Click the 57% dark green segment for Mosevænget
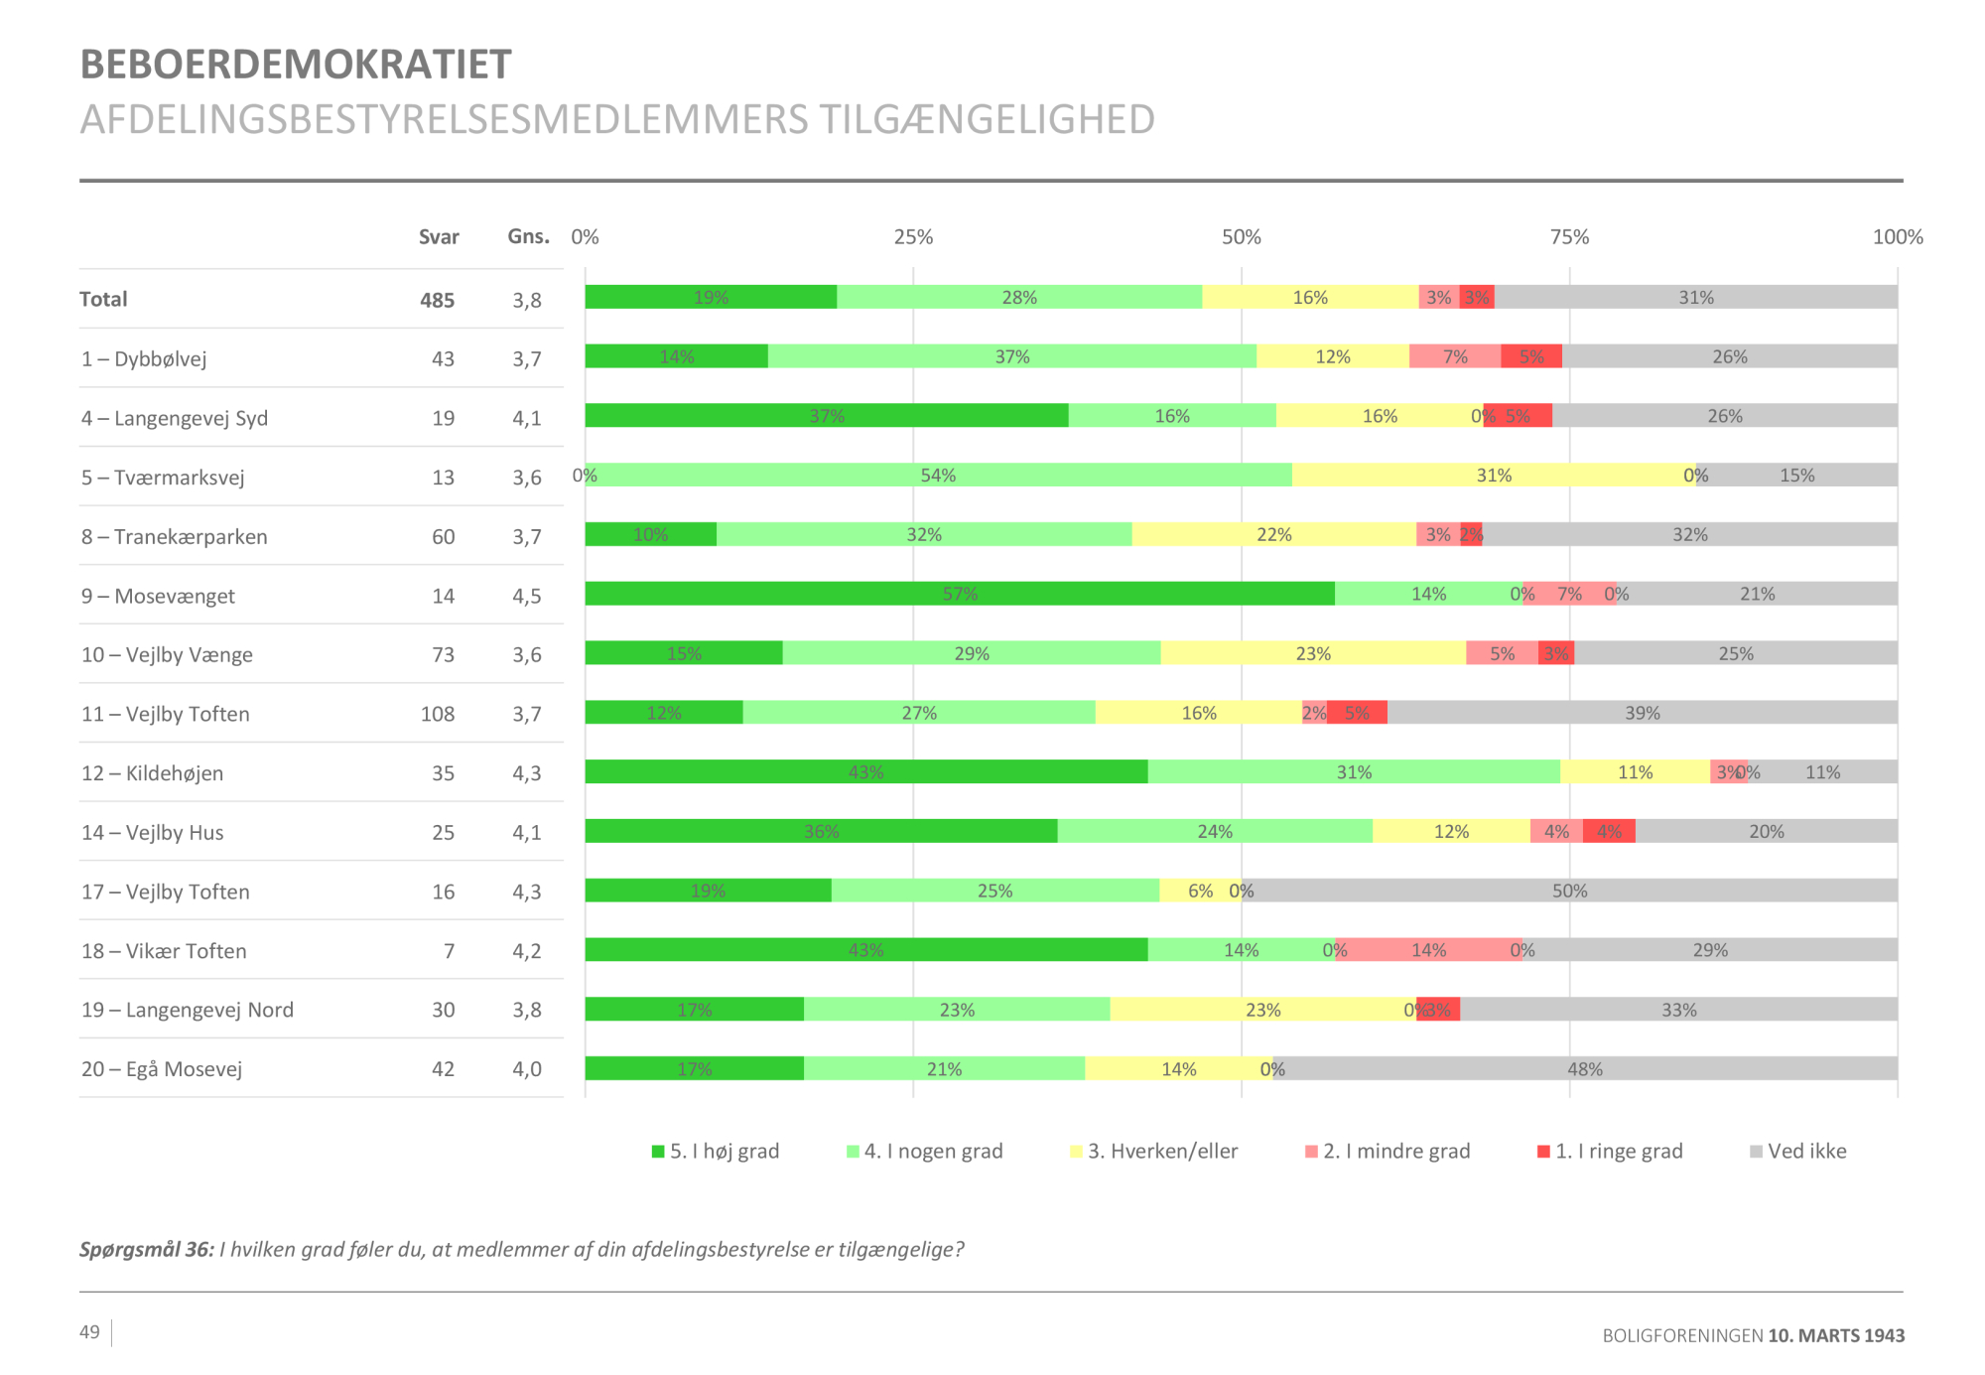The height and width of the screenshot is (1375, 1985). coord(959,594)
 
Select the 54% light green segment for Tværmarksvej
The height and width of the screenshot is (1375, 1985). coord(938,476)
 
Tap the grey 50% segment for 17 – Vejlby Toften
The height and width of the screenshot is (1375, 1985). coord(1569,891)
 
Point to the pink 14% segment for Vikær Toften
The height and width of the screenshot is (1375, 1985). coord(1428,950)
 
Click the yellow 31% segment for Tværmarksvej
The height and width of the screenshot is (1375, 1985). coord(1493,476)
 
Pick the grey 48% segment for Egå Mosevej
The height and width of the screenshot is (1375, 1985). coord(1584,1069)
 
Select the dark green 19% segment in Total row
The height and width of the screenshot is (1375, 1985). coord(711,298)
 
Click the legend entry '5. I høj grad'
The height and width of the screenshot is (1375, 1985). coord(716,1152)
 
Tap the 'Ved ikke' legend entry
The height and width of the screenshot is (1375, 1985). coord(1798,1152)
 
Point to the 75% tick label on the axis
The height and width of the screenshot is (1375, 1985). coord(1569,237)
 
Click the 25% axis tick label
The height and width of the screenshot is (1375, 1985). coord(913,237)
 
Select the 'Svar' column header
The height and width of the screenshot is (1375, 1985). coord(439,237)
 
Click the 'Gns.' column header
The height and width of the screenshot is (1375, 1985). coord(528,236)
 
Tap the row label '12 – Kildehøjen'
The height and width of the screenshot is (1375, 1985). coord(153,773)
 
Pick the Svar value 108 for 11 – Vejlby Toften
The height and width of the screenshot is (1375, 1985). coord(438,714)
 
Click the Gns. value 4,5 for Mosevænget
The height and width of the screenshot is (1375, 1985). coord(527,596)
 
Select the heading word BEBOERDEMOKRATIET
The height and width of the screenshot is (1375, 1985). coord(296,65)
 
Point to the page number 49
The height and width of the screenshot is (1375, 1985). coord(89,1332)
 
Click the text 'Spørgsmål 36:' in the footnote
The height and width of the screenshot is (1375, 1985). coord(147,1250)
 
